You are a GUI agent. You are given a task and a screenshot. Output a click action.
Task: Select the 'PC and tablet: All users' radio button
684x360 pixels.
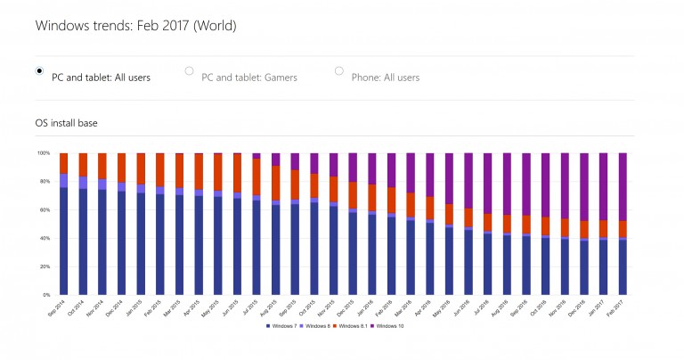pos(39,71)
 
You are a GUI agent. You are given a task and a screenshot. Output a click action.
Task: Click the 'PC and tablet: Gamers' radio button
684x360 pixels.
pos(189,71)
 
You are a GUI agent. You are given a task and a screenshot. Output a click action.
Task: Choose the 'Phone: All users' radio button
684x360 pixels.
pos(338,71)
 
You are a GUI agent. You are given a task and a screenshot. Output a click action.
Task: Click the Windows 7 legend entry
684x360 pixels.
pos(281,326)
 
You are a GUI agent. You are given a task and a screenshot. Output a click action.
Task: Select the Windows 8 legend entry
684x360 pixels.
pos(316,326)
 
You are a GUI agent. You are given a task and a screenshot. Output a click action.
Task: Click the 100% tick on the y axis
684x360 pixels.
pos(44,153)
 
